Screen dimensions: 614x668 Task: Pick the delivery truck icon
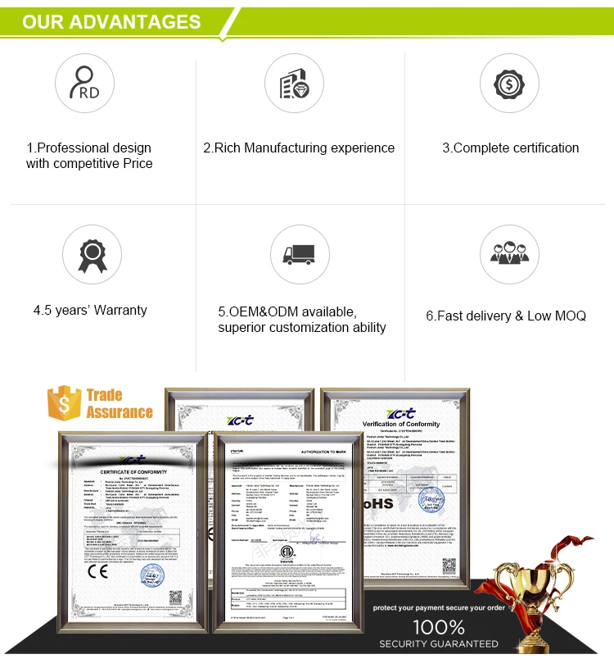pyautogui.click(x=298, y=254)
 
